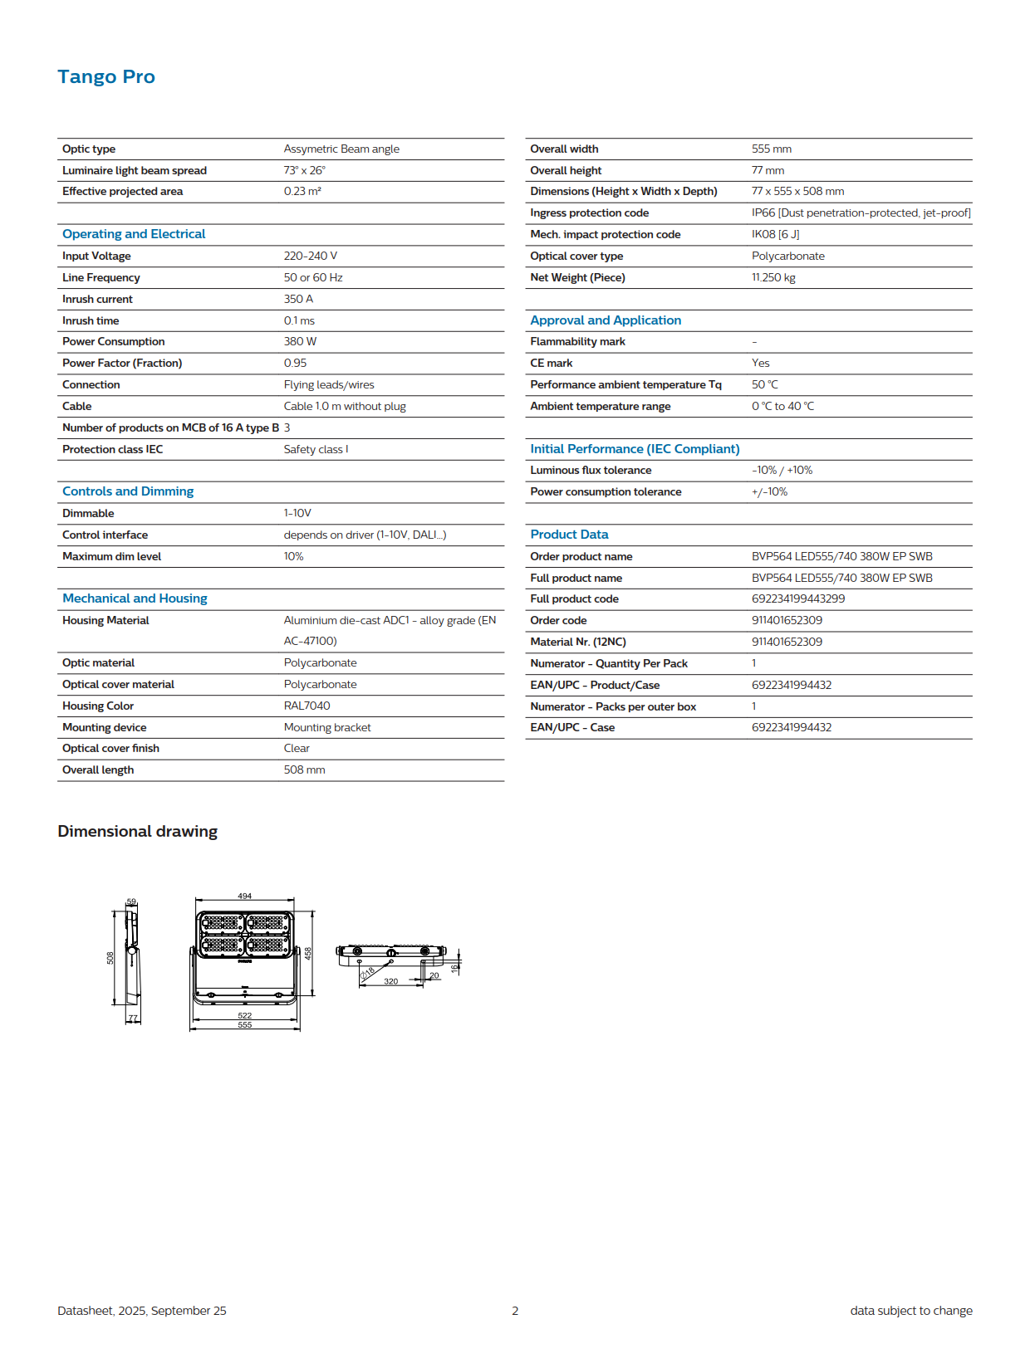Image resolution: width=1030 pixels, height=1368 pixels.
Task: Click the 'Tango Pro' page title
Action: (x=106, y=77)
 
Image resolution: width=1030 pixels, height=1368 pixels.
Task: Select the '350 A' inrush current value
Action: (x=298, y=299)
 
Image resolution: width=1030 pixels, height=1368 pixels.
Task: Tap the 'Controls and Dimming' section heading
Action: (x=128, y=491)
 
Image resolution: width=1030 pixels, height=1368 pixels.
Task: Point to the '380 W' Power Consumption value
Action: (x=300, y=341)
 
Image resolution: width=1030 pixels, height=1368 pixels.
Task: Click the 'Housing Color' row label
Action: (x=98, y=706)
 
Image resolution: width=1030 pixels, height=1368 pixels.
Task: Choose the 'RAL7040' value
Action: (x=307, y=706)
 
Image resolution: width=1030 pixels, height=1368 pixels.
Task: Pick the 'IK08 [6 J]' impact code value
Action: (x=775, y=234)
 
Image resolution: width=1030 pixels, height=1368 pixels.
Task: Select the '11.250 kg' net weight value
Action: (x=773, y=277)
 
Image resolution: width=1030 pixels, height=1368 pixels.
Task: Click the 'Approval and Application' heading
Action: (x=606, y=320)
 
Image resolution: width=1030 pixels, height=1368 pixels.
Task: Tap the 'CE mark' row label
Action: (x=552, y=363)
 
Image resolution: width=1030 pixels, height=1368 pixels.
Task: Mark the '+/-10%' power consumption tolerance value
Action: (x=769, y=491)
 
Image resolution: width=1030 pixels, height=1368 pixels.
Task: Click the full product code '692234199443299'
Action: (x=798, y=598)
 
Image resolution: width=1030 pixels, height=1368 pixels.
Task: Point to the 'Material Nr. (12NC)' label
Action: (x=578, y=642)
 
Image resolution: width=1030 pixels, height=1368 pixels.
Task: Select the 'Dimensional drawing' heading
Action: (x=138, y=832)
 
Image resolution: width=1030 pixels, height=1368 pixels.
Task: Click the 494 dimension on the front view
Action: (x=245, y=897)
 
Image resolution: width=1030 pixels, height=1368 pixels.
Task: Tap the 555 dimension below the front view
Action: (x=245, y=1025)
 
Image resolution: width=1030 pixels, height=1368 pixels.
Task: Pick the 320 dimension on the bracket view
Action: (x=390, y=981)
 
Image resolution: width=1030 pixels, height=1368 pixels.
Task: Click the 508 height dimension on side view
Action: (x=110, y=958)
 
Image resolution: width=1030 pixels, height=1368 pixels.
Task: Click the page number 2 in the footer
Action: (x=515, y=1311)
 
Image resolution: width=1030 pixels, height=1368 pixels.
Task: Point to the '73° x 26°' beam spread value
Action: (x=304, y=170)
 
